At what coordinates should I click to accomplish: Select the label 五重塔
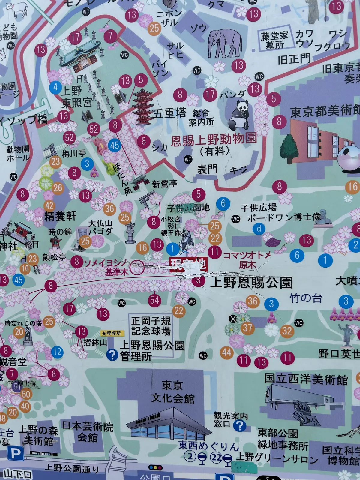point(170,113)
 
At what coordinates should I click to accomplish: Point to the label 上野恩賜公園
point(251,282)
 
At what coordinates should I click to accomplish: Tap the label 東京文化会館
point(172,391)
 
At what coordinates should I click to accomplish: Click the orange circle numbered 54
point(154,300)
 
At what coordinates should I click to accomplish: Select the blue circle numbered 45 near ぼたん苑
point(115,145)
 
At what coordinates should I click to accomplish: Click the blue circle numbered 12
point(57,352)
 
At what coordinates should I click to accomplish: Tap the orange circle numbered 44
point(227,352)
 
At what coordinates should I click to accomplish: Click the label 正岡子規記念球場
point(151,326)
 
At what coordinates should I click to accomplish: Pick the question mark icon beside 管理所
point(112,355)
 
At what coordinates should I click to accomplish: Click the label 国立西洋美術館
point(306,379)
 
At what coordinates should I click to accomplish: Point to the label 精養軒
point(60,216)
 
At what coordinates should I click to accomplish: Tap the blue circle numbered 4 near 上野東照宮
point(55,87)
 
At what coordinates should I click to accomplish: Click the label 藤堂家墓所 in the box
point(274,40)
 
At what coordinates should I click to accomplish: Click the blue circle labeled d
point(259,229)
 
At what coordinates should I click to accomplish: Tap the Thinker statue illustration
point(304,411)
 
